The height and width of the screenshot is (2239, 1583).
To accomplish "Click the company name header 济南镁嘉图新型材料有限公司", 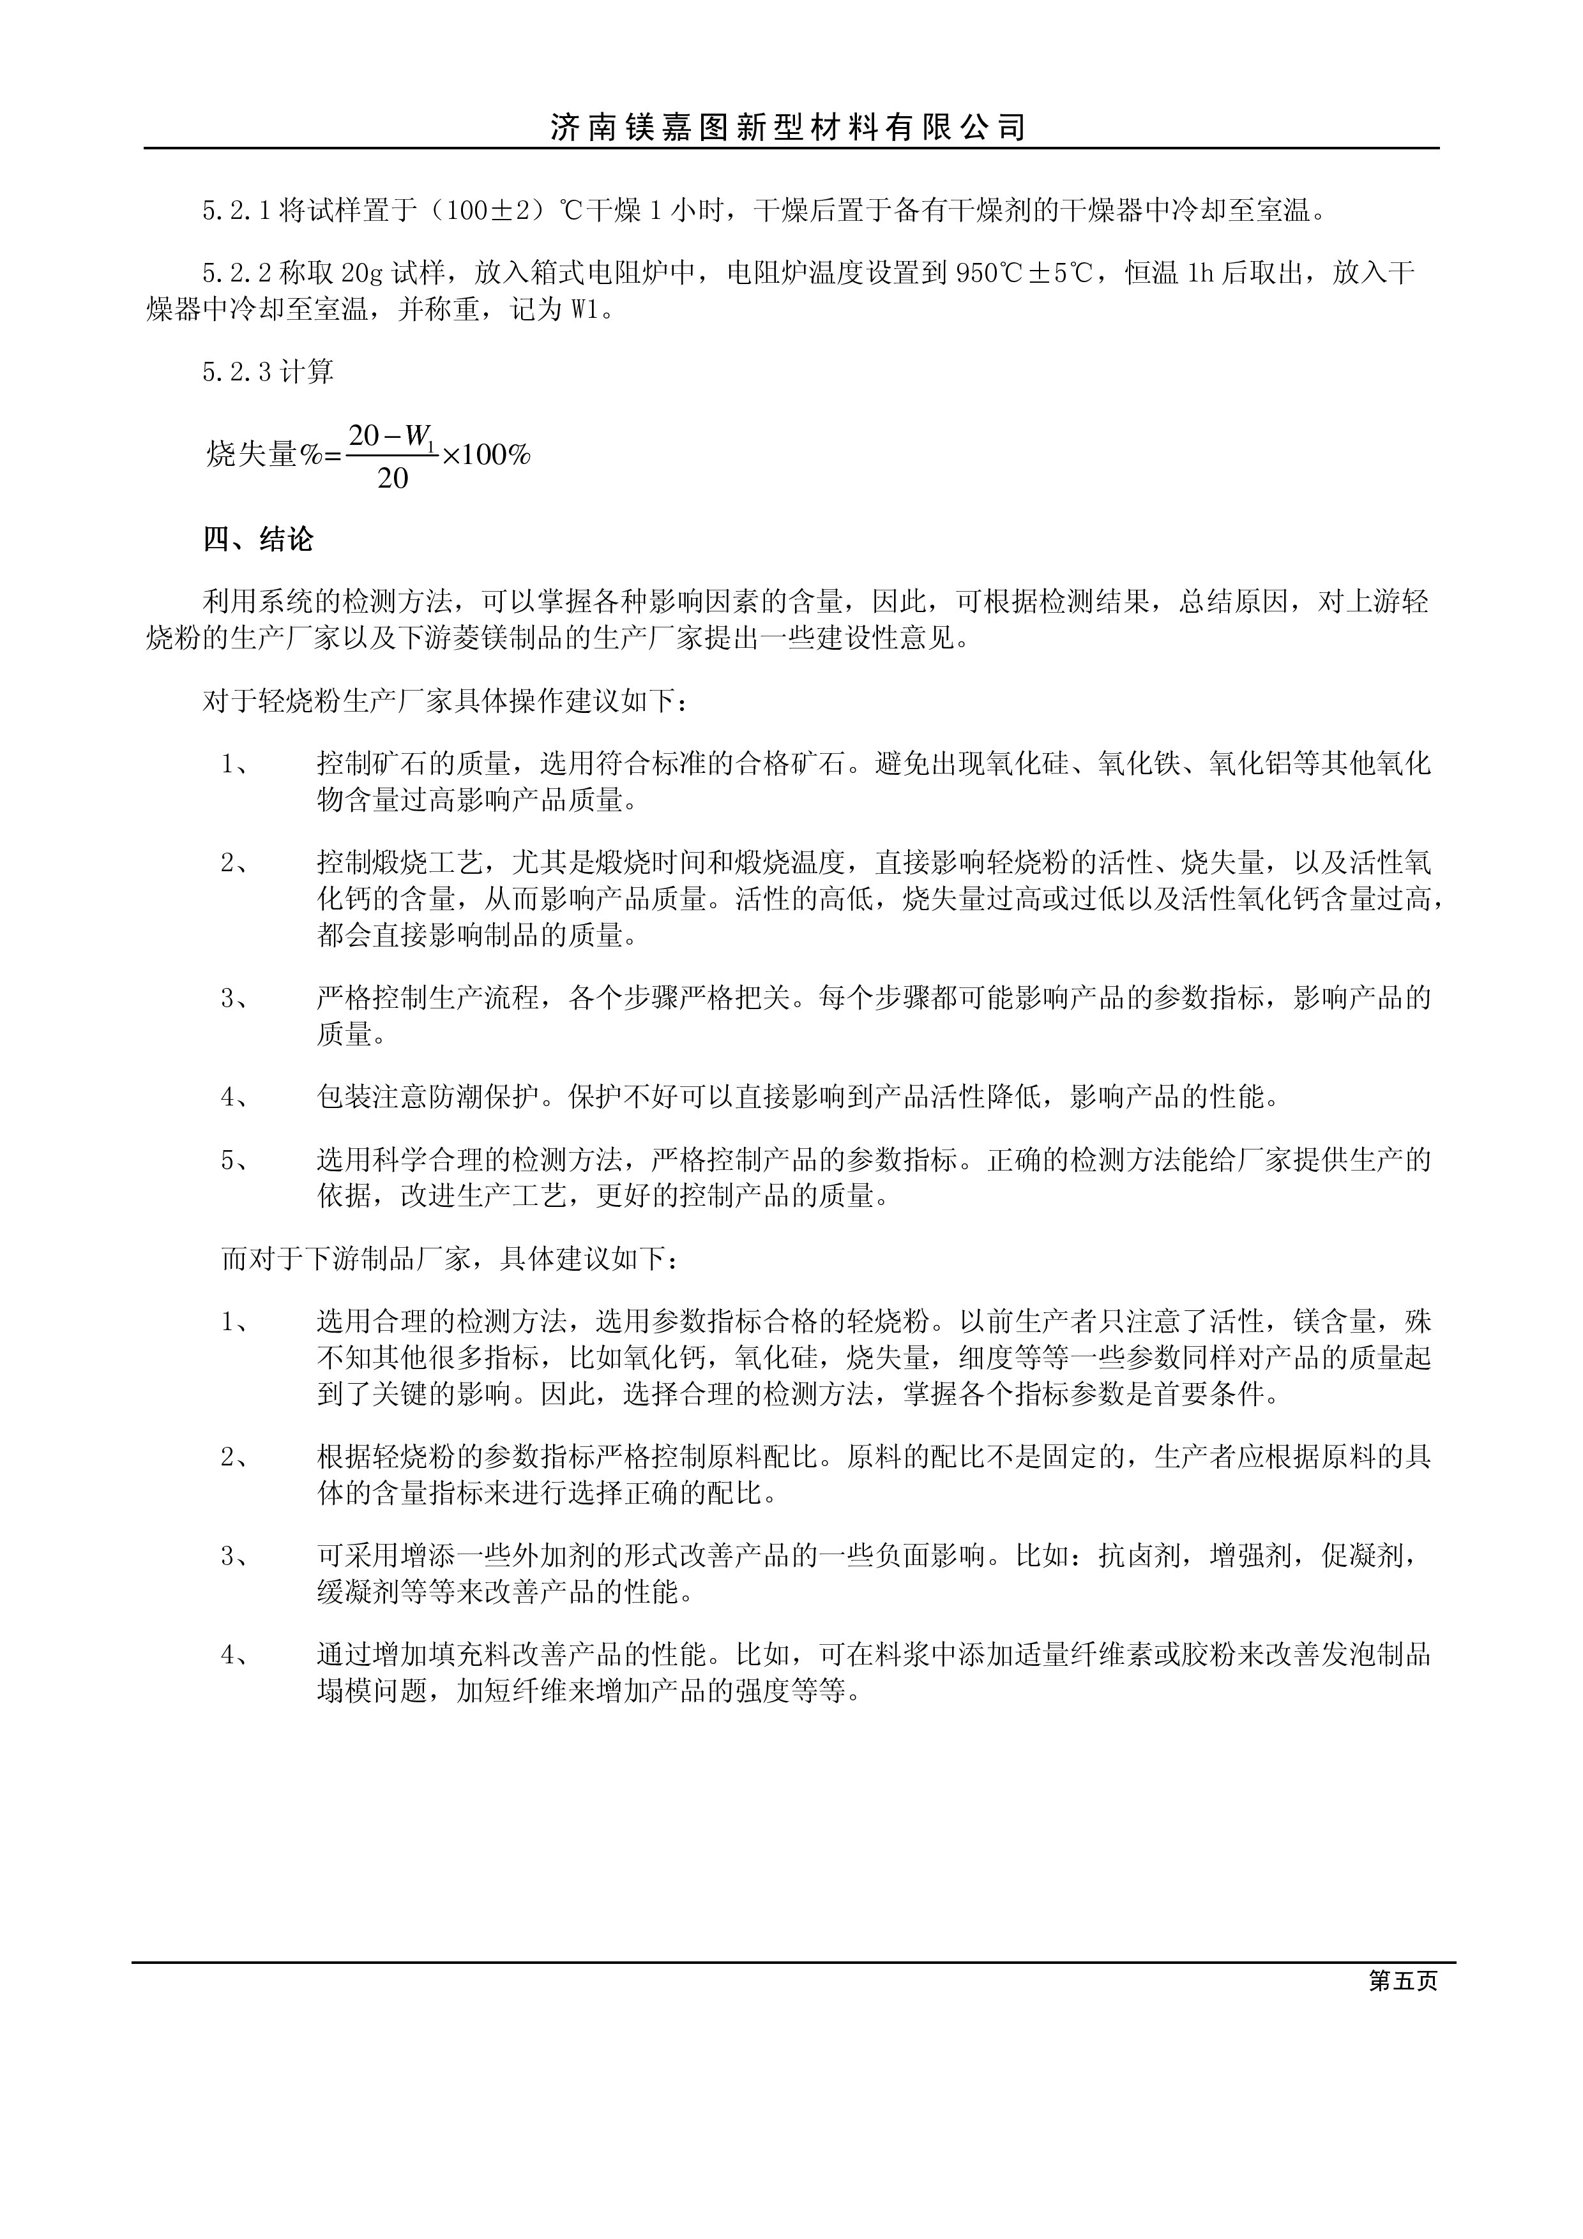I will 788,128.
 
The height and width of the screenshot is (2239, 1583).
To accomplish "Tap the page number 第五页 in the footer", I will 1402,1982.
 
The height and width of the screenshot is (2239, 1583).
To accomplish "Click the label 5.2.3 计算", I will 268,371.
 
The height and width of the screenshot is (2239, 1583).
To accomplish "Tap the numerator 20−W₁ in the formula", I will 392,436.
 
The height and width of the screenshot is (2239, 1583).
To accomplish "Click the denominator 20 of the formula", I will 392,479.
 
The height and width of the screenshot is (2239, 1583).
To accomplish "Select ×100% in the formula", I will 486,454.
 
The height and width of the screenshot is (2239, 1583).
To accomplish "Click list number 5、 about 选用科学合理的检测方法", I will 235,1160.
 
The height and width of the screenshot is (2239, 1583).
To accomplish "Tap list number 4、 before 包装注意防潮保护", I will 235,1098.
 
